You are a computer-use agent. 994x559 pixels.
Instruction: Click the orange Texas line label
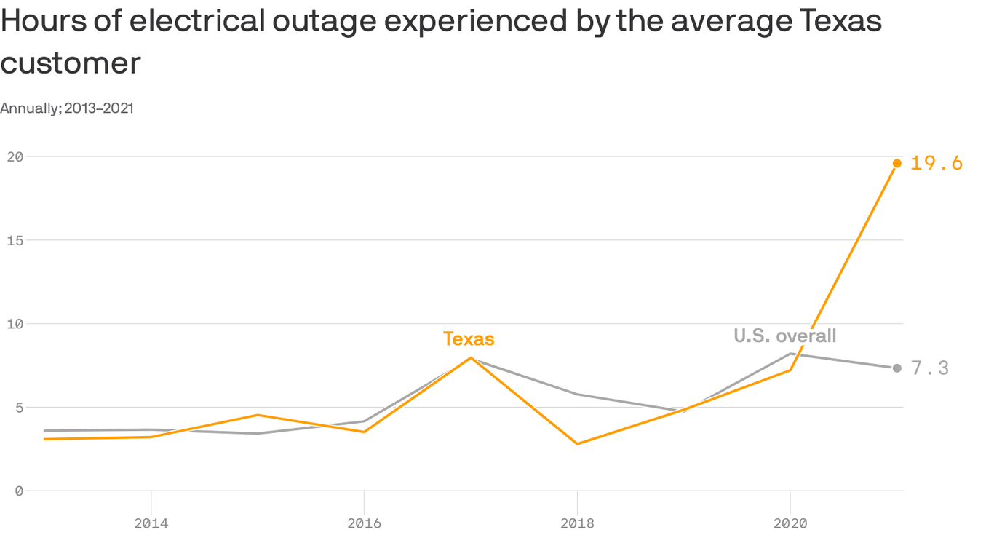click(x=469, y=339)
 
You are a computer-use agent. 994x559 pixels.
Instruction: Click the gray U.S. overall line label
click(x=784, y=336)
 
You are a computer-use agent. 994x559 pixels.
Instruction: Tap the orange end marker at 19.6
click(x=897, y=163)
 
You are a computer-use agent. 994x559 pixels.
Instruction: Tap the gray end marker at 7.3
click(x=897, y=368)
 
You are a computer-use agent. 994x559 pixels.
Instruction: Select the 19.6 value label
click(x=936, y=163)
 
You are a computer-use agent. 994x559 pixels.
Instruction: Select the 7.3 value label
click(x=930, y=368)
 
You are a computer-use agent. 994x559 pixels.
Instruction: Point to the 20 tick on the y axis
click(x=15, y=156)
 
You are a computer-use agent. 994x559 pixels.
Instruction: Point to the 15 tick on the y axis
click(x=15, y=240)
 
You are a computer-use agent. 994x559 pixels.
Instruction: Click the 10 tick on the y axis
click(x=15, y=324)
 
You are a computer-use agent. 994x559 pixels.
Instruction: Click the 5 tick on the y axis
click(x=19, y=408)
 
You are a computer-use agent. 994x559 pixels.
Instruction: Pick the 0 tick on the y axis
click(x=19, y=491)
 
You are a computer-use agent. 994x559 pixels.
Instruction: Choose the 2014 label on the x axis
click(x=151, y=523)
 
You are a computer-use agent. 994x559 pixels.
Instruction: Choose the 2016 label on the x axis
click(x=364, y=523)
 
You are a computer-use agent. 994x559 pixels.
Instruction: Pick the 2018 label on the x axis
click(x=577, y=523)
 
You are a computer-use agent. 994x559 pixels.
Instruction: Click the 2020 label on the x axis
click(x=790, y=523)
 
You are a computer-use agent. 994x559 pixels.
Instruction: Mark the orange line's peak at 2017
click(x=471, y=357)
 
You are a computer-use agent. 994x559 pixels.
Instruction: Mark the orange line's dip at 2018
click(x=577, y=444)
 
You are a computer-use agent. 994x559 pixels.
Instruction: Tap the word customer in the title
click(x=71, y=63)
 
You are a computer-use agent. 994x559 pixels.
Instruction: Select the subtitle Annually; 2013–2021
click(x=67, y=108)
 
